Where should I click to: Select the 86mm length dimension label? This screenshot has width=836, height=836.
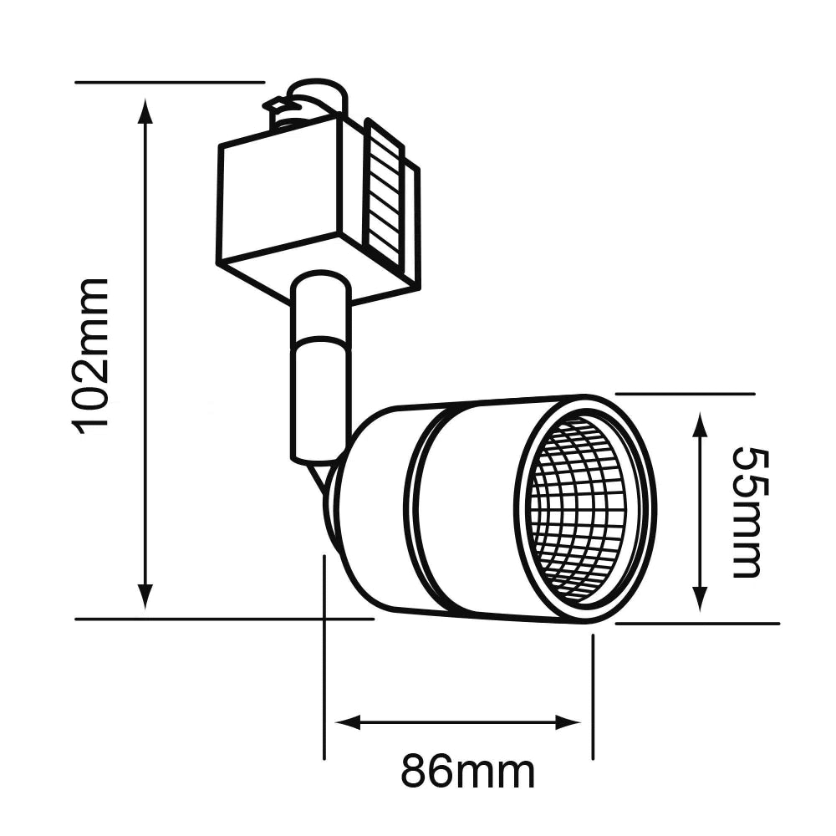point(467,771)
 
